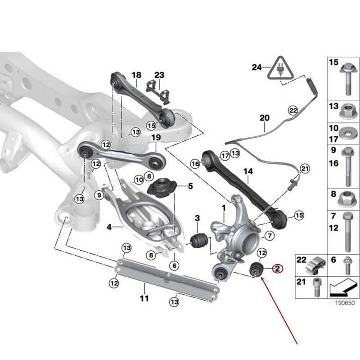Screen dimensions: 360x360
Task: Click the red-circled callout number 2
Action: [278, 269]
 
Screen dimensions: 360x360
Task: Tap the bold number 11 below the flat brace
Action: [144, 298]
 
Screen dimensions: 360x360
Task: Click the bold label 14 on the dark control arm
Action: [248, 171]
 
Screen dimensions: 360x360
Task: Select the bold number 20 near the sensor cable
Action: [264, 118]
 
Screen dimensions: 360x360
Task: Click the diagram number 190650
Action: [342, 304]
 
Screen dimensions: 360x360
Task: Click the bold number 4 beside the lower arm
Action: [109, 227]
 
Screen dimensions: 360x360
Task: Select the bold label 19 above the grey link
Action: [155, 137]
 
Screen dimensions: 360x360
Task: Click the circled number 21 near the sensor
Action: [306, 169]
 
